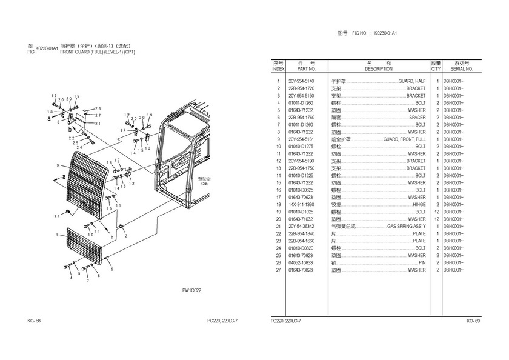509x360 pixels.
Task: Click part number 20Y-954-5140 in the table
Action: [x=301, y=81]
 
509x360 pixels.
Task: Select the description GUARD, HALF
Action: [x=411, y=81]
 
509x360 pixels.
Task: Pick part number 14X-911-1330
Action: [x=301, y=205]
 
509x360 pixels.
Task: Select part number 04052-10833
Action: [x=301, y=262]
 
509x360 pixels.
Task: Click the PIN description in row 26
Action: [x=422, y=262]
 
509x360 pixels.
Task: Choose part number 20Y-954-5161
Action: [x=301, y=139]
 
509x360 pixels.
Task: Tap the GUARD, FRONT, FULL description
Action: [x=404, y=139]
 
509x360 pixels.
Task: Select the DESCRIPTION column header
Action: [x=379, y=69]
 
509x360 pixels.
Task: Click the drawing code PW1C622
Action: [x=192, y=290]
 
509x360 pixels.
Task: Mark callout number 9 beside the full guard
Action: [x=57, y=165]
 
